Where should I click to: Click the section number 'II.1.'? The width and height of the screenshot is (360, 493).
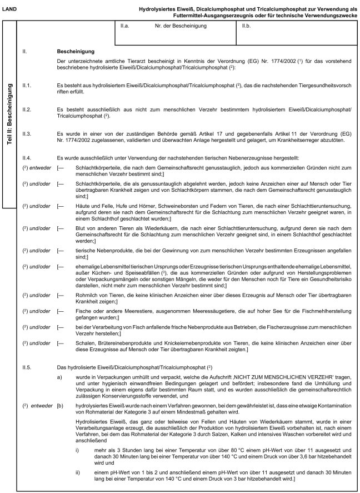pos(26,84)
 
